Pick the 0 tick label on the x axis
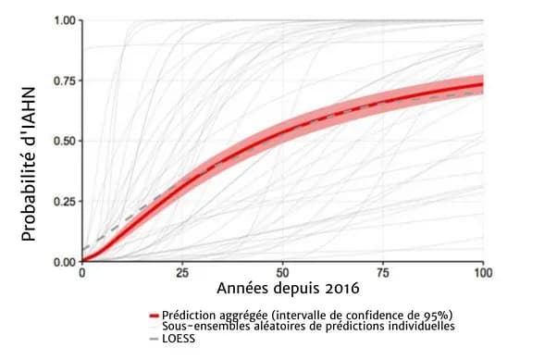(83, 274)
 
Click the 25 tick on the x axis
(183, 274)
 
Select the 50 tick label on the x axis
(283, 274)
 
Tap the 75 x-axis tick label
(383, 274)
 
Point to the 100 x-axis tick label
(482, 274)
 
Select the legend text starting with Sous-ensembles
(308, 327)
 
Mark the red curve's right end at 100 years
(482, 84)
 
